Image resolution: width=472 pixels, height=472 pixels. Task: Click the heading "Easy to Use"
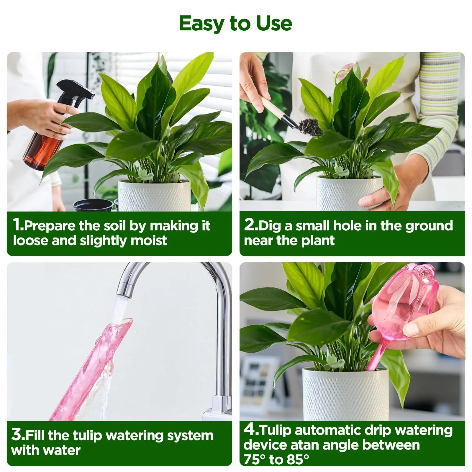click(x=235, y=23)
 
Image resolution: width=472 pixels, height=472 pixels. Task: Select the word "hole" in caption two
click(x=348, y=226)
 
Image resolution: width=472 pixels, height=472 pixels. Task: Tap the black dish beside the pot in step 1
click(x=93, y=205)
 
